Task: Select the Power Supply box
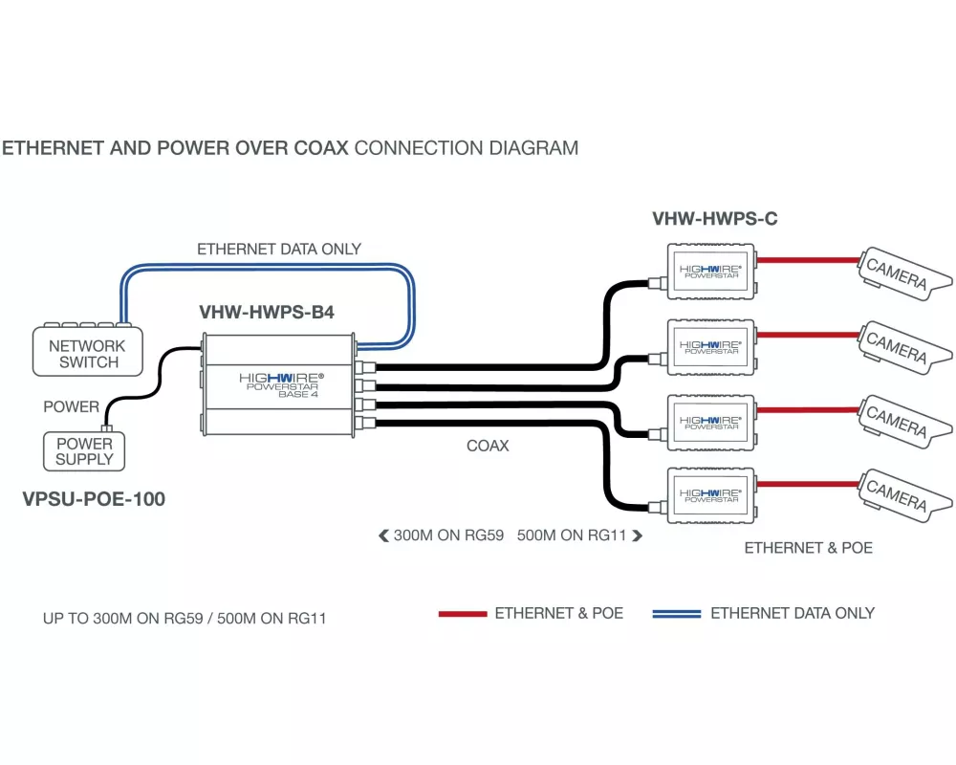84,451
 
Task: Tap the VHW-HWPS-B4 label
267,312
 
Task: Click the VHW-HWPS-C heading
714,219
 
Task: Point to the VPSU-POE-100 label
94,499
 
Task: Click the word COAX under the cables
488,446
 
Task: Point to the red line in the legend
463,614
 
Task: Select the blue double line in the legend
677,614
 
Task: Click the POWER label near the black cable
71,407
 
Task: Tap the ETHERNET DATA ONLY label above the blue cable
279,250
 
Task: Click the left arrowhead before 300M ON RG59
383,536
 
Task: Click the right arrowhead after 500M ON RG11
637,536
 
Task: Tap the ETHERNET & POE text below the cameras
808,548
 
